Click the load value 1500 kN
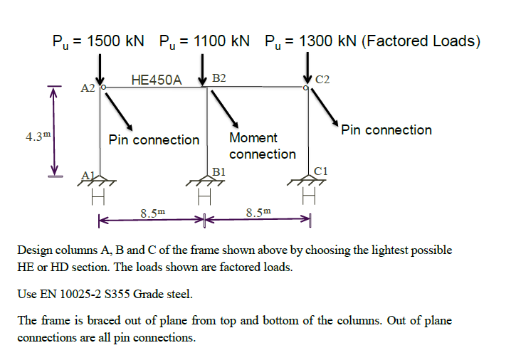pyautogui.click(x=116, y=41)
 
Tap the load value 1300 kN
pyautogui.click(x=329, y=41)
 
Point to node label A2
pyautogui.click(x=88, y=88)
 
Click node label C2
pyautogui.click(x=322, y=79)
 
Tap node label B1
pyautogui.click(x=218, y=172)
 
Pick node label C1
pyautogui.click(x=321, y=171)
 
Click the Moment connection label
pyautogui.click(x=263, y=146)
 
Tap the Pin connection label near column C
pyautogui.click(x=386, y=130)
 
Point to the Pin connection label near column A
pyautogui.click(x=154, y=139)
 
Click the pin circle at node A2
pyautogui.click(x=103, y=88)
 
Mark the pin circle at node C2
pyautogui.click(x=306, y=88)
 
